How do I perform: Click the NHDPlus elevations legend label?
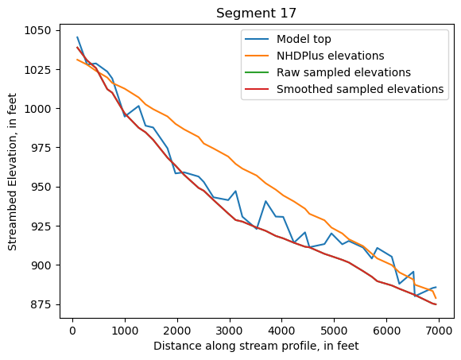(x=330, y=56)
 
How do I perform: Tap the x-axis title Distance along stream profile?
(x=257, y=346)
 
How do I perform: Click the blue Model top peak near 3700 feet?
(x=265, y=201)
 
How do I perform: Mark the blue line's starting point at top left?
(x=77, y=37)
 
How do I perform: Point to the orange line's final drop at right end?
(x=436, y=297)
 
